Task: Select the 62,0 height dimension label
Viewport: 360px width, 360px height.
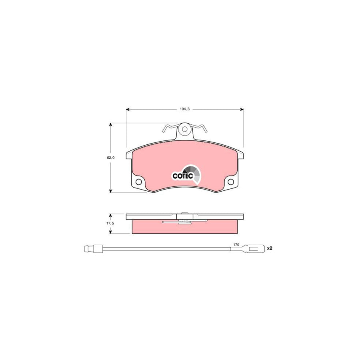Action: pos(110,158)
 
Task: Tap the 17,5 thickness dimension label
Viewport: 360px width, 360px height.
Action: pos(110,224)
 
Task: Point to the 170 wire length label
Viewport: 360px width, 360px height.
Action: pos(236,244)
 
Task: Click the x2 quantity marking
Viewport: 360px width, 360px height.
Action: pos(269,248)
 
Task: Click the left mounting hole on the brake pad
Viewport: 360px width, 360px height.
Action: pos(139,182)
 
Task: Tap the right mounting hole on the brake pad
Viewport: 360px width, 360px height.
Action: pos(231,182)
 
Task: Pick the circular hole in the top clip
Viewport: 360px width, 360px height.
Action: pos(184,130)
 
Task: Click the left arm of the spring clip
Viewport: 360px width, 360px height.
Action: pos(168,128)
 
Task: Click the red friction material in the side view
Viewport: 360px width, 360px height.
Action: pos(152,227)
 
